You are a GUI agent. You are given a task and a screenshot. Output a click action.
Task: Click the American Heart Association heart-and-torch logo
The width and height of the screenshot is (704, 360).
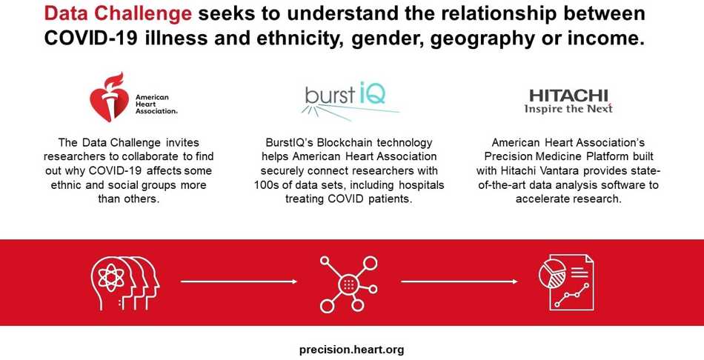pyautogui.click(x=133, y=97)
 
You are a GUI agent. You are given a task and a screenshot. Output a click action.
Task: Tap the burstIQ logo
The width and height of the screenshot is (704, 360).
pyautogui.click(x=350, y=100)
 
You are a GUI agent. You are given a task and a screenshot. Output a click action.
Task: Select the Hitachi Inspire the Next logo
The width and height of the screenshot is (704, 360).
pyautogui.click(x=568, y=101)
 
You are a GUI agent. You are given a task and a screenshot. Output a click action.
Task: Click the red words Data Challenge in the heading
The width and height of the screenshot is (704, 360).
pyautogui.click(x=118, y=14)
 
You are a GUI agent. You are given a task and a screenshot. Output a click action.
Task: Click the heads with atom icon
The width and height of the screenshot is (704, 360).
pyautogui.click(x=124, y=282)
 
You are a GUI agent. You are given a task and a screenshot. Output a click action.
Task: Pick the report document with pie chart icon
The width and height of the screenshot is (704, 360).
pyautogui.click(x=566, y=282)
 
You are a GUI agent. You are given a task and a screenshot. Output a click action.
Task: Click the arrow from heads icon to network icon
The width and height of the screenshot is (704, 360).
pyautogui.click(x=239, y=282)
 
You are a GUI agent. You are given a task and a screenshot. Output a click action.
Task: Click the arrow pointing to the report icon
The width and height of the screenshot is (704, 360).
pyautogui.click(x=459, y=282)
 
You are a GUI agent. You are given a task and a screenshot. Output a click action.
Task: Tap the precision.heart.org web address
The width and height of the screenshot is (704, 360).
pyautogui.click(x=351, y=350)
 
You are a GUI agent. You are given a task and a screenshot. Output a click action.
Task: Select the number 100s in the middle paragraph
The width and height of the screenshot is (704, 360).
pyautogui.click(x=265, y=185)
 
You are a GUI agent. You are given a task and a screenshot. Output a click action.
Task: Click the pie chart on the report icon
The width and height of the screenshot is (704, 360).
pyautogui.click(x=551, y=271)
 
